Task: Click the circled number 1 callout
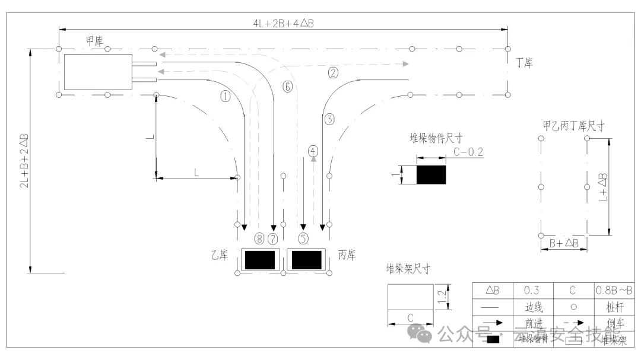pyautogui.click(x=225, y=97)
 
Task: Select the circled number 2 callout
pyautogui.click(x=333, y=73)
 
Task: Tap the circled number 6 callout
pyautogui.click(x=288, y=87)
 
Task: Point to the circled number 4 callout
pyautogui.click(x=313, y=151)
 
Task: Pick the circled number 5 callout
pyautogui.click(x=303, y=239)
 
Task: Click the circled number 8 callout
pyautogui.click(x=259, y=239)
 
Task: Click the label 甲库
pyautogui.click(x=94, y=41)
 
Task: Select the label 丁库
pyautogui.click(x=524, y=62)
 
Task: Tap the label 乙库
pyautogui.click(x=219, y=256)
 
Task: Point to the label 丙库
pyautogui.click(x=347, y=256)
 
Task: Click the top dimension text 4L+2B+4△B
pyautogui.click(x=283, y=23)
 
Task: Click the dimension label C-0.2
pyautogui.click(x=468, y=152)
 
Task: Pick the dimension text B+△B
pyautogui.click(x=564, y=243)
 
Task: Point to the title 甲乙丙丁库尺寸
pyautogui.click(x=573, y=125)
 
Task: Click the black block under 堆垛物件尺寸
pyautogui.click(x=431, y=175)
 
